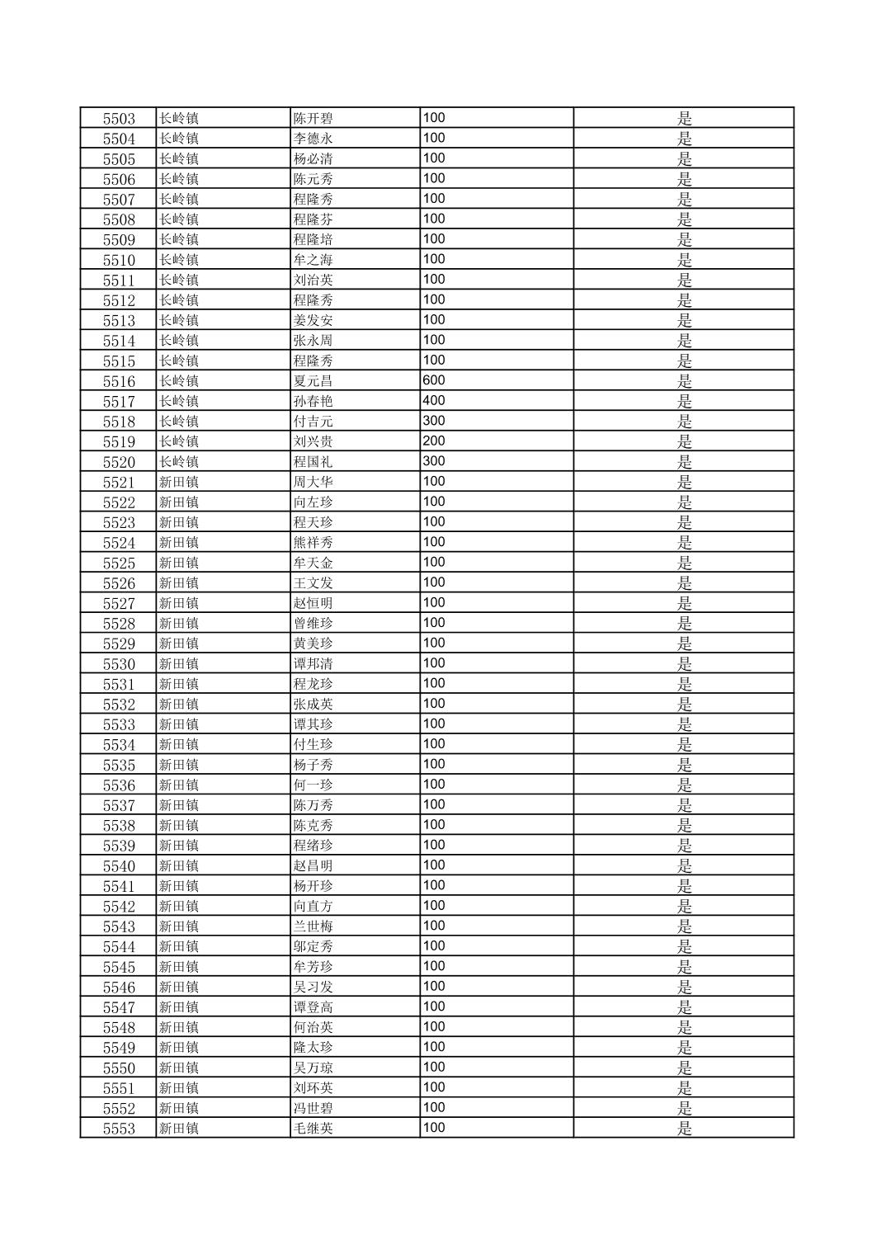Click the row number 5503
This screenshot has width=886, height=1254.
coord(119,119)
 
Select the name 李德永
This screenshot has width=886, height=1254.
coord(313,139)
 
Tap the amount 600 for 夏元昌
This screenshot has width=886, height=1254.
coord(434,380)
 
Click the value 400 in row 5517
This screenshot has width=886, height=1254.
coord(434,401)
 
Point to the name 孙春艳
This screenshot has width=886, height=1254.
coord(313,401)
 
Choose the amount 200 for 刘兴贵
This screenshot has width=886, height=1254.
coord(434,441)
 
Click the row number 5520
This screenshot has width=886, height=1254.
coord(119,462)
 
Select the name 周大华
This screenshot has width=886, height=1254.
coord(313,482)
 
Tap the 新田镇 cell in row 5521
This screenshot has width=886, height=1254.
coord(179,482)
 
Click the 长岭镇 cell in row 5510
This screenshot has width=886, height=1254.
coord(179,260)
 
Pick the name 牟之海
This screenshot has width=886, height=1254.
coord(313,260)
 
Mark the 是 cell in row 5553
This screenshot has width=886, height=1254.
coord(685,1129)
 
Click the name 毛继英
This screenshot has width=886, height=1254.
coord(313,1129)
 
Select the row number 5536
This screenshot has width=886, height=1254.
coord(119,785)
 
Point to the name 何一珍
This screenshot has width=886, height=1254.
coord(313,785)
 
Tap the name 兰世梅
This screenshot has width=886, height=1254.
coord(313,926)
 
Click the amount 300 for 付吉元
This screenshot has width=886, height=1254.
coord(434,421)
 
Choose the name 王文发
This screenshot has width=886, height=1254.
coord(313,583)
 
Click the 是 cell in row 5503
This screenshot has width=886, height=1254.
coord(685,119)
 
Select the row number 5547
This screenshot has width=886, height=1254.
coord(119,1007)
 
